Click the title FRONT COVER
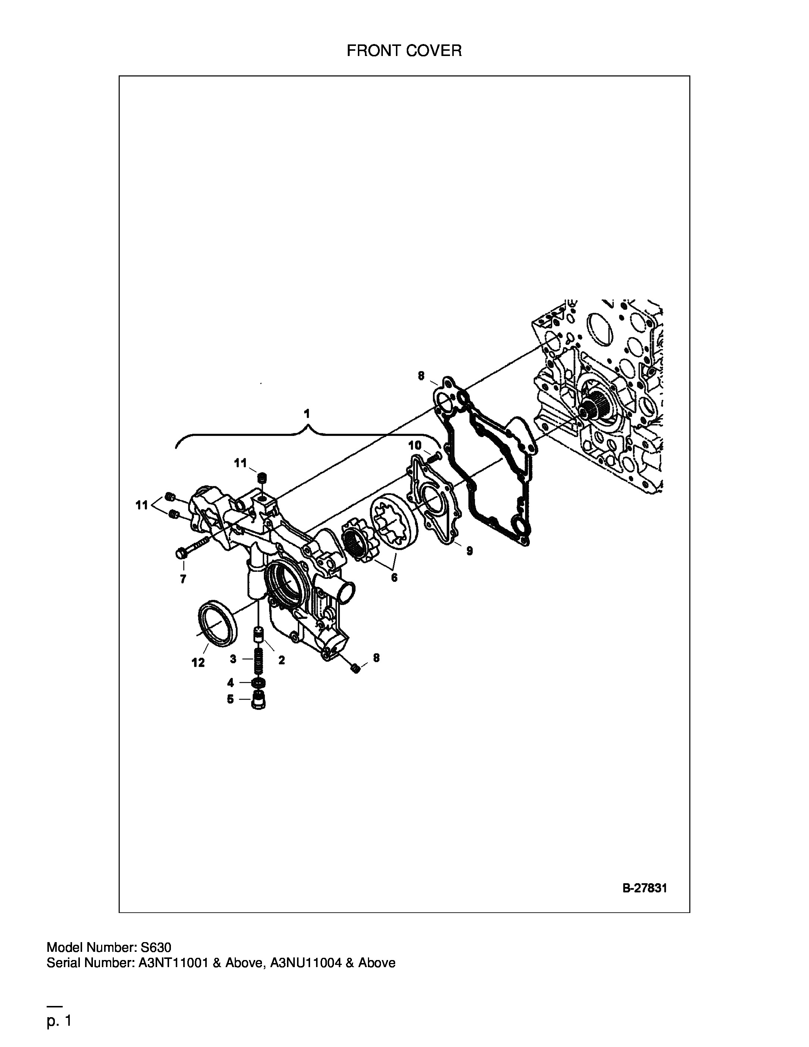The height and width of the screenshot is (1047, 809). coord(404,50)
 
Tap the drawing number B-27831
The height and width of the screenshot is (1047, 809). coord(644,888)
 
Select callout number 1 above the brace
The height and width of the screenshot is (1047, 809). coord(307,413)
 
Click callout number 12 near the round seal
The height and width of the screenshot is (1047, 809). coord(198,663)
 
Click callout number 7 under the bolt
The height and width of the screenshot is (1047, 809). coord(183,579)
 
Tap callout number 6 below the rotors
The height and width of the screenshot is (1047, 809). coord(394,578)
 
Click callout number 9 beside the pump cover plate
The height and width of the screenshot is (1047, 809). coord(470,551)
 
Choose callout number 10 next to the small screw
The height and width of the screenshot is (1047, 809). coord(415,445)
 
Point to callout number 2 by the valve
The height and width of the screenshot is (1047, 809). coord(281,660)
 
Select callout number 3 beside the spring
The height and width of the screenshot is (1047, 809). coord(233,659)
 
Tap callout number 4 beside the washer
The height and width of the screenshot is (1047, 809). coord(231,683)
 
